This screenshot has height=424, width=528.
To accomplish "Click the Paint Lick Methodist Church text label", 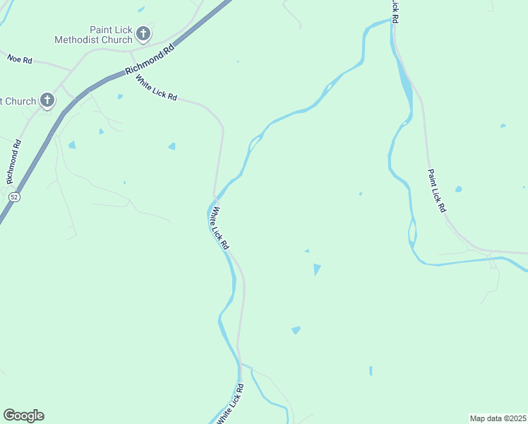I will pyautogui.click(x=93, y=35).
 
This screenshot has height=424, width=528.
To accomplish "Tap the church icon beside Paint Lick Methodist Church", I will pyautogui.click(x=143, y=34).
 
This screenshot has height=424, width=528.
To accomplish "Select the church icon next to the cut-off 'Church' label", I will pyautogui.click(x=47, y=100).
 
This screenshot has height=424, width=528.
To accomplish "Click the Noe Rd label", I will pyautogui.click(x=20, y=60).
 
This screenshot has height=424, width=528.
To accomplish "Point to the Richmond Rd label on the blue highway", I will pyautogui.click(x=149, y=61).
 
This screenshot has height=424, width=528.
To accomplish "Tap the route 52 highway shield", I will pyautogui.click(x=14, y=197).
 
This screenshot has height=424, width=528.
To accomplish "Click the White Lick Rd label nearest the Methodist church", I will pyautogui.click(x=156, y=88).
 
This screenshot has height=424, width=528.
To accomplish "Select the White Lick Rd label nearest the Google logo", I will pyautogui.click(x=232, y=404).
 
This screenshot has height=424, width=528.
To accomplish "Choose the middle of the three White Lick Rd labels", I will pyautogui.click(x=220, y=228).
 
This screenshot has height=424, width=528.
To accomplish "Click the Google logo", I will pyautogui.click(x=23, y=416).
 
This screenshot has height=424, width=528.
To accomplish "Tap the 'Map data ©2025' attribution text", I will pyautogui.click(x=498, y=418).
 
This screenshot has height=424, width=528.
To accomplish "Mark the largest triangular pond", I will pyautogui.click(x=317, y=269).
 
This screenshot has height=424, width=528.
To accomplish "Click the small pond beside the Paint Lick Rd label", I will pyautogui.click(x=459, y=189).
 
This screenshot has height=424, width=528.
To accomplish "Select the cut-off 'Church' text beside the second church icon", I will pyautogui.click(x=18, y=101).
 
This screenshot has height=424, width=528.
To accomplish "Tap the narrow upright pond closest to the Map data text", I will pyautogui.click(x=371, y=370).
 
